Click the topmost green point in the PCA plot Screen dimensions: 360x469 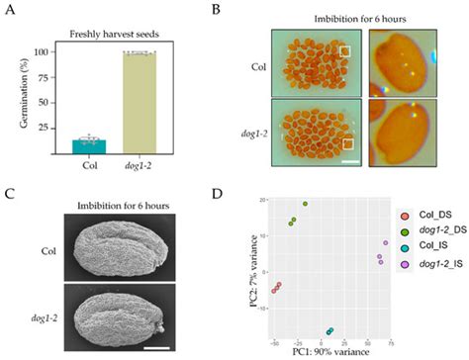(306, 204)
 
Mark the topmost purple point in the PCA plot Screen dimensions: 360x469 (385, 242)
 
